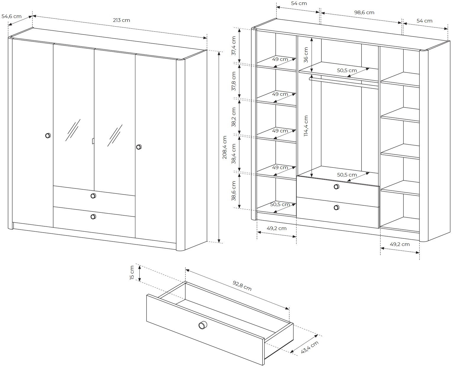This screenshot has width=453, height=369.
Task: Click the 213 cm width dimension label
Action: click(x=121, y=20)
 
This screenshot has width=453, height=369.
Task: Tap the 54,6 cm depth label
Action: click(x=12, y=16)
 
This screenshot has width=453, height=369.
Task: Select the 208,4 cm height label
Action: click(x=225, y=147)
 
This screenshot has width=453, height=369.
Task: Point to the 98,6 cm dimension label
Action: click(x=364, y=12)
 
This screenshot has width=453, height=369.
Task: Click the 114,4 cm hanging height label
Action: click(x=306, y=126)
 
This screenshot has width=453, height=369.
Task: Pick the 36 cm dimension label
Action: click(x=306, y=55)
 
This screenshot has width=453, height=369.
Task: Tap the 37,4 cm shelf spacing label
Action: click(x=233, y=46)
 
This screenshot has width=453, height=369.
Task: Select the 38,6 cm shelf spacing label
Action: click(x=233, y=191)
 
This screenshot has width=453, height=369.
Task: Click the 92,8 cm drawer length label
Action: click(x=242, y=286)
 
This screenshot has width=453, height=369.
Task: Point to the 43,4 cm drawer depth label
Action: click(x=310, y=347)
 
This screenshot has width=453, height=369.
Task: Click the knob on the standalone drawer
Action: click(x=203, y=325)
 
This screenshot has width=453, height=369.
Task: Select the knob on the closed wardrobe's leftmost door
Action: click(x=48, y=135)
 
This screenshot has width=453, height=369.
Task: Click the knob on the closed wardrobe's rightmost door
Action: click(x=139, y=147)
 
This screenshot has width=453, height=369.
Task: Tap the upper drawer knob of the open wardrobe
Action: click(x=336, y=187)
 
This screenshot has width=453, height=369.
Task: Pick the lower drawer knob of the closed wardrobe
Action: click(x=93, y=217)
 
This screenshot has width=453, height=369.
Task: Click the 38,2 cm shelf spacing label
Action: click(x=233, y=117)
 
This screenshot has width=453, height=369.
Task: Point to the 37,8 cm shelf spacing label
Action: click(x=233, y=81)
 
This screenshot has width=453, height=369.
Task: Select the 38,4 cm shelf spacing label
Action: click(x=233, y=154)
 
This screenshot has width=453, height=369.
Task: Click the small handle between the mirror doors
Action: click(x=93, y=141)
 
